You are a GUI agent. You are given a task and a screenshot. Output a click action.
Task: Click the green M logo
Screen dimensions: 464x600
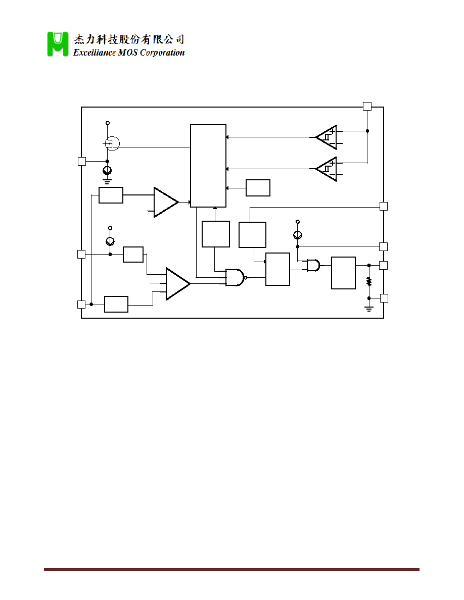coord(58,44)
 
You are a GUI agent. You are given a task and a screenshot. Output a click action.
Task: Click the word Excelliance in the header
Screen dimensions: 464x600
coord(94,53)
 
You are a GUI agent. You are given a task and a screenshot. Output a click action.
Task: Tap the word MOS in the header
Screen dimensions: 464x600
coord(127,53)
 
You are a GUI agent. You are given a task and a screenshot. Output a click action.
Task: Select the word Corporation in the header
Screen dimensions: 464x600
coord(162,53)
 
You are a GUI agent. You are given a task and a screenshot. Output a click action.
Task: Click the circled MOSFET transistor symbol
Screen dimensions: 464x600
coord(112,143)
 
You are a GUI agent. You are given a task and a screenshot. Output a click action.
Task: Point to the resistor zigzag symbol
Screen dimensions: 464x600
coord(369,282)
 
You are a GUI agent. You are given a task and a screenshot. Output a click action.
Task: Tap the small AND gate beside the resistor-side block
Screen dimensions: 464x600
coord(313,265)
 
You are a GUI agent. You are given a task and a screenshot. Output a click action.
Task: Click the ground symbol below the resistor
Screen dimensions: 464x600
coord(369,309)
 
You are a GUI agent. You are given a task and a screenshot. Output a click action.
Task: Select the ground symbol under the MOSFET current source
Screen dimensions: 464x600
coord(107,181)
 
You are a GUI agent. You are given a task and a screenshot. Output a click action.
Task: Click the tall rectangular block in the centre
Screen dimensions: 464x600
coord(208,166)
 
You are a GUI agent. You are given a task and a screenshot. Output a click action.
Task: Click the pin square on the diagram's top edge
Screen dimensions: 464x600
coord(367,107)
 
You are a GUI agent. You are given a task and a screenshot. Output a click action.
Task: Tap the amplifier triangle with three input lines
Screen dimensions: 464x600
coord(178,283)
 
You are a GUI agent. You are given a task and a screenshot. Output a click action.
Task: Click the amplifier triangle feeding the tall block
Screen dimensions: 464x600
coord(166,202)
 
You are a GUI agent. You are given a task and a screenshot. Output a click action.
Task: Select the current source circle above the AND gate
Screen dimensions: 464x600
coord(298,234)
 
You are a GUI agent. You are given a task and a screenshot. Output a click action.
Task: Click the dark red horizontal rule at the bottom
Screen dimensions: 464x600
coord(231,570)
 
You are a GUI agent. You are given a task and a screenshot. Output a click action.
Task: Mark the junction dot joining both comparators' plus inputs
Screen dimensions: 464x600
coord(367,131)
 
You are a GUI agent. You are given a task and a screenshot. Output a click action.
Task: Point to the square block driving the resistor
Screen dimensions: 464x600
coord(343,273)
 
